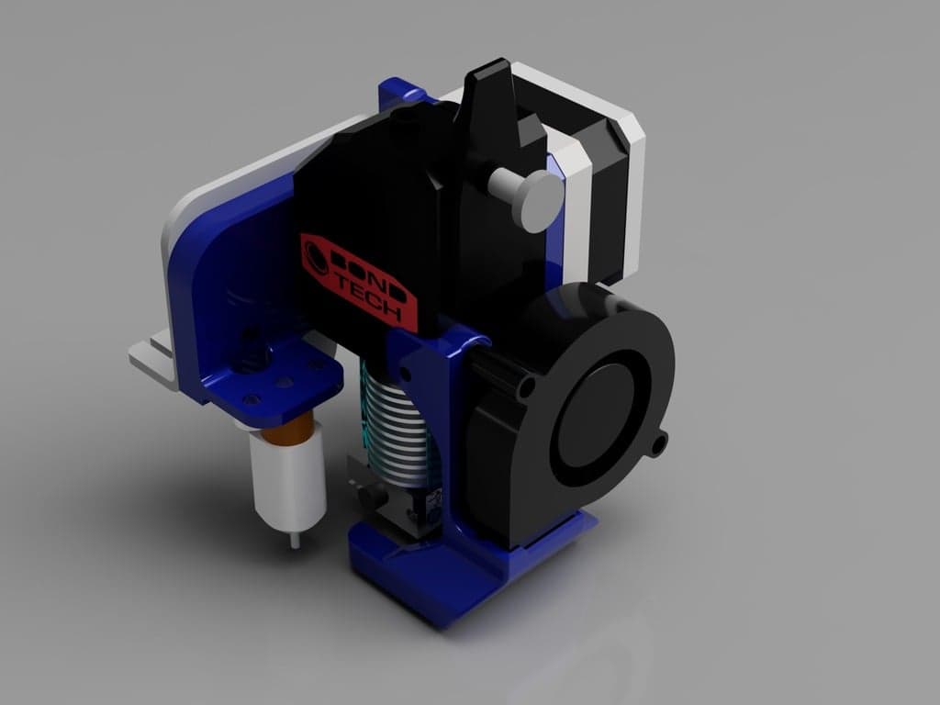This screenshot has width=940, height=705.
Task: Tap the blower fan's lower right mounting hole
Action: [x=657, y=446]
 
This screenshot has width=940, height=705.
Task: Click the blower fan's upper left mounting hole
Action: [x=526, y=389]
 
